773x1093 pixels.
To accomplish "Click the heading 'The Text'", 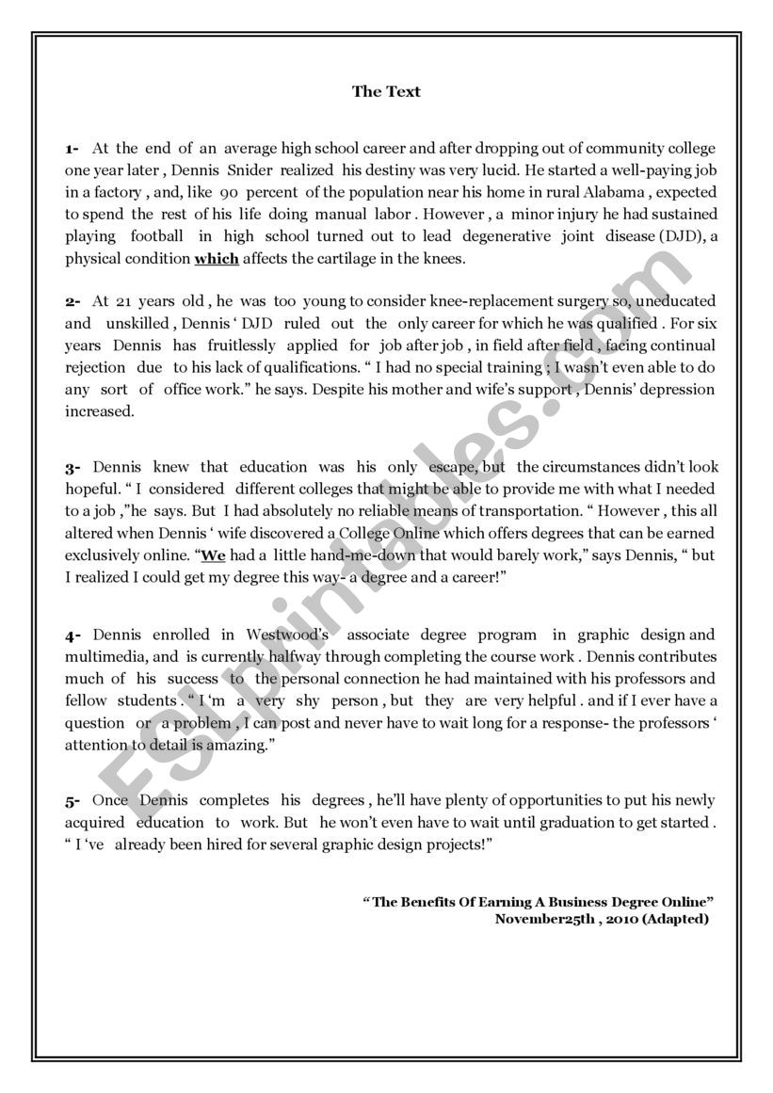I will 386,91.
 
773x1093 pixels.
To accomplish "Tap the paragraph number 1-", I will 72,149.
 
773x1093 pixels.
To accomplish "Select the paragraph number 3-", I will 72,468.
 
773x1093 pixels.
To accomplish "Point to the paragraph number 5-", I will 72,801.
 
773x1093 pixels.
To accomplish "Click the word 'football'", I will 157,236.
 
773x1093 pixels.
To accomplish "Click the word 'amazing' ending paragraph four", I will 240,745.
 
